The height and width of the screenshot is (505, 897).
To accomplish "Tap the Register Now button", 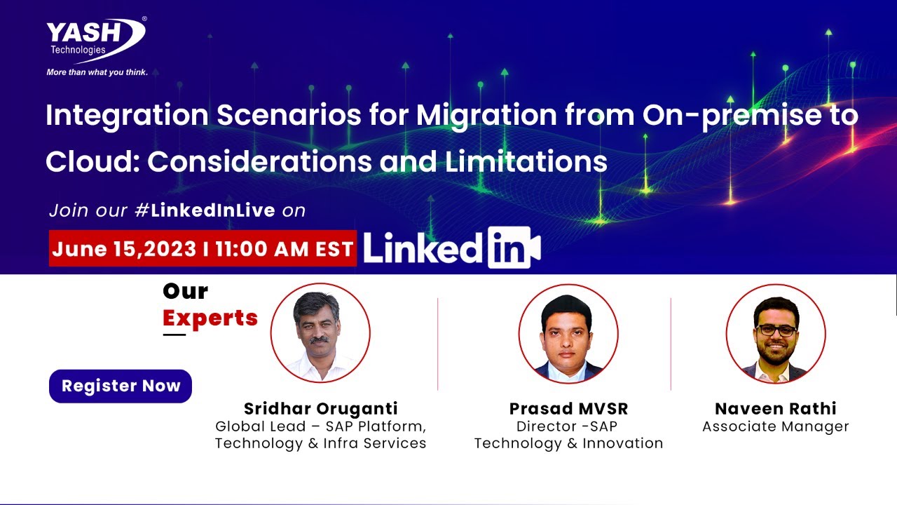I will tap(121, 386).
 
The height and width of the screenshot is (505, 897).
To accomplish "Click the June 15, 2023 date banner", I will tap(203, 250).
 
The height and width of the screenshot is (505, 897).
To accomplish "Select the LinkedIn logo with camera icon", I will tap(452, 248).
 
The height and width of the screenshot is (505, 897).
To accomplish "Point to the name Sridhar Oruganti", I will tap(320, 409).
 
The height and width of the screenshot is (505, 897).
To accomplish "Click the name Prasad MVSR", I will tap(568, 409).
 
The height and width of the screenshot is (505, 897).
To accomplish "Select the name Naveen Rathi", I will tap(775, 409).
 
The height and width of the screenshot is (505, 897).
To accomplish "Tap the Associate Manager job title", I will tap(775, 426).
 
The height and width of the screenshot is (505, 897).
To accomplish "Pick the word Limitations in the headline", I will tap(526, 162).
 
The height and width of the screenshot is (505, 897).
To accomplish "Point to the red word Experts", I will tap(210, 318).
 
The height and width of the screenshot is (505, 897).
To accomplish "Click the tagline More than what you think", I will tap(97, 72).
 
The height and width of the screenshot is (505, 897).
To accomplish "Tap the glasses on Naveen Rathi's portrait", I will tap(776, 330).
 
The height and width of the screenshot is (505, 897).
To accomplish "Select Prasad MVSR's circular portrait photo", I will tap(568, 333).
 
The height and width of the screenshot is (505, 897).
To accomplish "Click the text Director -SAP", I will tap(568, 426).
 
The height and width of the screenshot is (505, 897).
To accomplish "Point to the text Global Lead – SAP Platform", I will tap(320, 426).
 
